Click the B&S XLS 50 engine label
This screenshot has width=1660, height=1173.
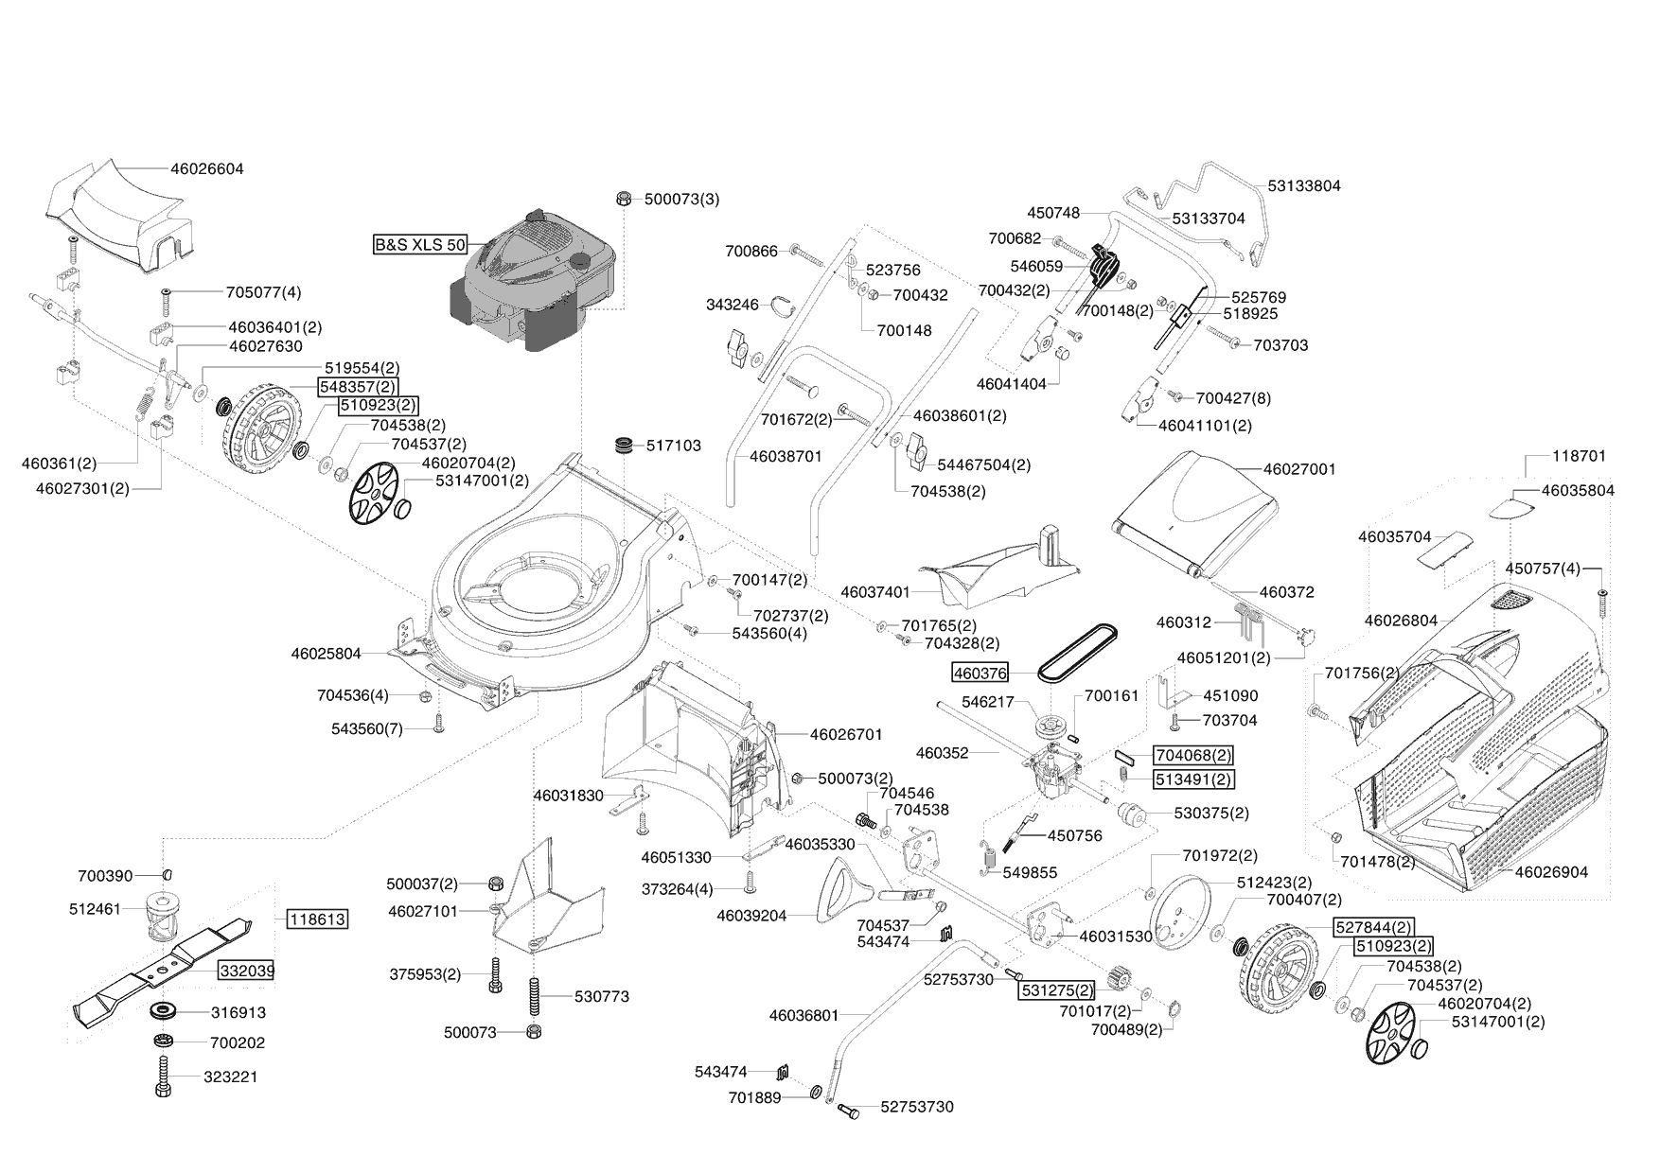click(x=420, y=245)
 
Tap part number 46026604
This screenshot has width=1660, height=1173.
click(x=207, y=169)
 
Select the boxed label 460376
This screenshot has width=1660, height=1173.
click(x=980, y=672)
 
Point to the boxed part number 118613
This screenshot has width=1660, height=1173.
click(x=317, y=919)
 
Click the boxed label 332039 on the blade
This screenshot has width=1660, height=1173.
click(x=248, y=971)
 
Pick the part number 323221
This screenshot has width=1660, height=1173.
click(x=230, y=1077)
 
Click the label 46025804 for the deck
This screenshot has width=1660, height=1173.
click(x=326, y=653)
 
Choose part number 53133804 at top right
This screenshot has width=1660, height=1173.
click(x=1303, y=185)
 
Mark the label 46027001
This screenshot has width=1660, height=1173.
click(x=1299, y=468)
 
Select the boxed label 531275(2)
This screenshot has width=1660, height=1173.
click(x=1056, y=990)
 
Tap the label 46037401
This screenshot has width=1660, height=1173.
click(x=875, y=592)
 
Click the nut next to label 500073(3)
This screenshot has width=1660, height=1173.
click(x=623, y=199)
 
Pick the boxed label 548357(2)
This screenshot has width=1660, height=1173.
click(x=358, y=386)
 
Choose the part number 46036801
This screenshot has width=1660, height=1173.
click(x=804, y=1015)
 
